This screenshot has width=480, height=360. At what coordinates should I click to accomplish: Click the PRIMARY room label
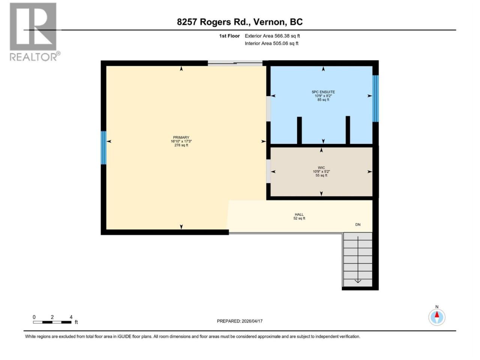[x=181, y=138]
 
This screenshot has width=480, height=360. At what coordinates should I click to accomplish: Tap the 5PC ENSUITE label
[x=323, y=92]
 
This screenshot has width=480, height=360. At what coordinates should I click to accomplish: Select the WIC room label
[x=321, y=168]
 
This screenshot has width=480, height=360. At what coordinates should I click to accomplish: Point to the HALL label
[x=299, y=214]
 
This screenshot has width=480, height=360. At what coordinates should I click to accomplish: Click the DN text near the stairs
[x=358, y=225]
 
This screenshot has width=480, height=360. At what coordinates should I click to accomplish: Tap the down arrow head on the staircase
[x=358, y=281]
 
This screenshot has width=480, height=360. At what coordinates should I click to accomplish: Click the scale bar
[x=52, y=322]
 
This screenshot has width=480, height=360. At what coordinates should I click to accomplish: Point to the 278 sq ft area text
[x=181, y=145]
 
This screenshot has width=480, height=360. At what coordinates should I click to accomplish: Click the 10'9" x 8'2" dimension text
[x=323, y=96]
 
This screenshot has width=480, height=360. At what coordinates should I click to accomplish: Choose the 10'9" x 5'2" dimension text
[x=321, y=172]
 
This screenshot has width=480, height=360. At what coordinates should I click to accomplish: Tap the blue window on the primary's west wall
[x=103, y=148]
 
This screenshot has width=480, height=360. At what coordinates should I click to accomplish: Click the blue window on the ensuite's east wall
[x=375, y=99]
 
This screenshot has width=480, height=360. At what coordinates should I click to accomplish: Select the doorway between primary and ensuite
[x=268, y=109]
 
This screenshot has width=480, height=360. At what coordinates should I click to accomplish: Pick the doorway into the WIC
[x=268, y=171]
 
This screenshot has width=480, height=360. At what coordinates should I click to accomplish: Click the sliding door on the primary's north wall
[x=235, y=63]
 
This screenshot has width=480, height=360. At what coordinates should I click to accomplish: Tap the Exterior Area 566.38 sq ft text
[x=272, y=36]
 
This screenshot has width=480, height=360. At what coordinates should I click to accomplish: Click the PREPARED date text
[x=240, y=321]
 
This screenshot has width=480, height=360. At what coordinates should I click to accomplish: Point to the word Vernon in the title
[x=270, y=22]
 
